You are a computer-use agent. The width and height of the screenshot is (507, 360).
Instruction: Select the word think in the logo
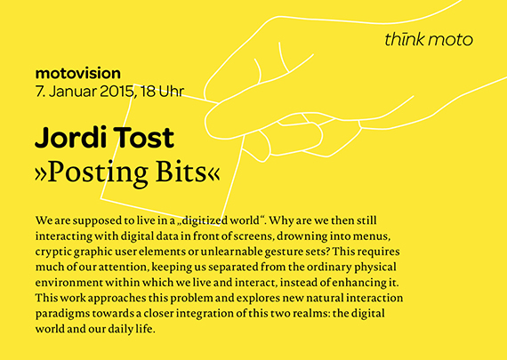coord(405,39)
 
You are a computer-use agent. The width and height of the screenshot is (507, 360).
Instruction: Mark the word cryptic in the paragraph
coord(55,251)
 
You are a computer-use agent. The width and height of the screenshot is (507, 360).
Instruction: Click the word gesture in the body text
coord(303,251)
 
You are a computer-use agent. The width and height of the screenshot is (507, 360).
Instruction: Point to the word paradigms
coord(65,315)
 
